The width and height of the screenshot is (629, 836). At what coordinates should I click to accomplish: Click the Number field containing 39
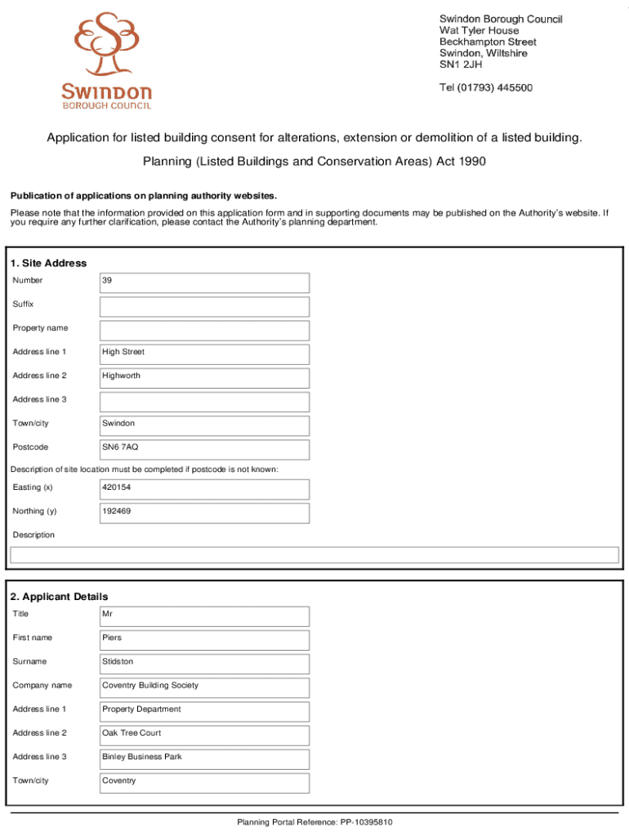pos(204,282)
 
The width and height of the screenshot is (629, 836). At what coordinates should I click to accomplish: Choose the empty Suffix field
pos(204,306)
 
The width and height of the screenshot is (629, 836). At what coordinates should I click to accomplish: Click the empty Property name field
pos(204,330)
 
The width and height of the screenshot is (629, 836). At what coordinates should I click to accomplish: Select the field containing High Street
pos(204,354)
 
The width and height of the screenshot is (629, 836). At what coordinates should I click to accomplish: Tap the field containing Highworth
pos(204,377)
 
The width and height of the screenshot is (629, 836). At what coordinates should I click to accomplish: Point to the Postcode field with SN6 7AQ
pos(204,449)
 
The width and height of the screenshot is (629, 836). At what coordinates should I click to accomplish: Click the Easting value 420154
pos(204,489)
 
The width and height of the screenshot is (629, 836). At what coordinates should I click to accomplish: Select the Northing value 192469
pos(204,513)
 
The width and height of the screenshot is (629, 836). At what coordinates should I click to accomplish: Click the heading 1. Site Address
pos(48,263)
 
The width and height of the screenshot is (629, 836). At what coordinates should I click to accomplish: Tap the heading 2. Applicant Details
pos(59,597)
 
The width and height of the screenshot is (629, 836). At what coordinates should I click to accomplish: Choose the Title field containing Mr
pos(204,616)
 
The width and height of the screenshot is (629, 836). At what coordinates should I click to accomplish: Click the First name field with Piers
pos(204,639)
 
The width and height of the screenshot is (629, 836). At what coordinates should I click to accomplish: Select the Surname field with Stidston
pos(204,663)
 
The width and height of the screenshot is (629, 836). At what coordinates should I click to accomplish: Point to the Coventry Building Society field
pos(204,687)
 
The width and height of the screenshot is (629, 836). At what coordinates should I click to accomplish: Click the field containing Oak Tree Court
pos(204,735)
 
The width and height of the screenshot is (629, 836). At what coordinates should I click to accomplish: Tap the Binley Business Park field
pos(204,758)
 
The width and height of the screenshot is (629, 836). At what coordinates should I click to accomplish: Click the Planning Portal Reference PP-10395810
pos(314,822)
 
